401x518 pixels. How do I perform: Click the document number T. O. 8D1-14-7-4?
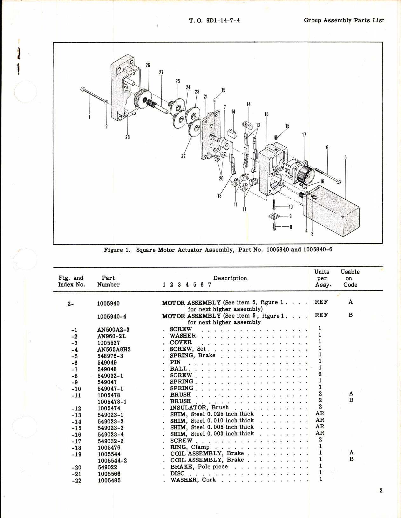tap(214, 21)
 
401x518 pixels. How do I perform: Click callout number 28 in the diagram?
tap(127, 137)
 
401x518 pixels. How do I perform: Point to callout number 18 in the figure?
tap(266, 114)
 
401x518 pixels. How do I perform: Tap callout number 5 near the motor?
tap(345, 158)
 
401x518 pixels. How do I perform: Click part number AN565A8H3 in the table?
tap(114, 349)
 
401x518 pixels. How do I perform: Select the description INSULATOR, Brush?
tap(199, 407)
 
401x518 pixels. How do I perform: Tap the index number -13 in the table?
tap(76, 415)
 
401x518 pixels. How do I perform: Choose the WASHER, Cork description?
tap(193, 480)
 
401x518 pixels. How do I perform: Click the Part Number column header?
tap(108, 281)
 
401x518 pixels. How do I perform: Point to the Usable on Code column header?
tap(350, 278)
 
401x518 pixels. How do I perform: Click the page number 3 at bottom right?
tap(381, 491)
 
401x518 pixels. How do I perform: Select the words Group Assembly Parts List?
tap(344, 21)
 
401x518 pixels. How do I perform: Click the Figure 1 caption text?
tap(218, 250)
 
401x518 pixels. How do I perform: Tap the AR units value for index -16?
tap(320, 433)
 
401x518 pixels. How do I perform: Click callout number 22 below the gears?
tap(183, 156)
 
